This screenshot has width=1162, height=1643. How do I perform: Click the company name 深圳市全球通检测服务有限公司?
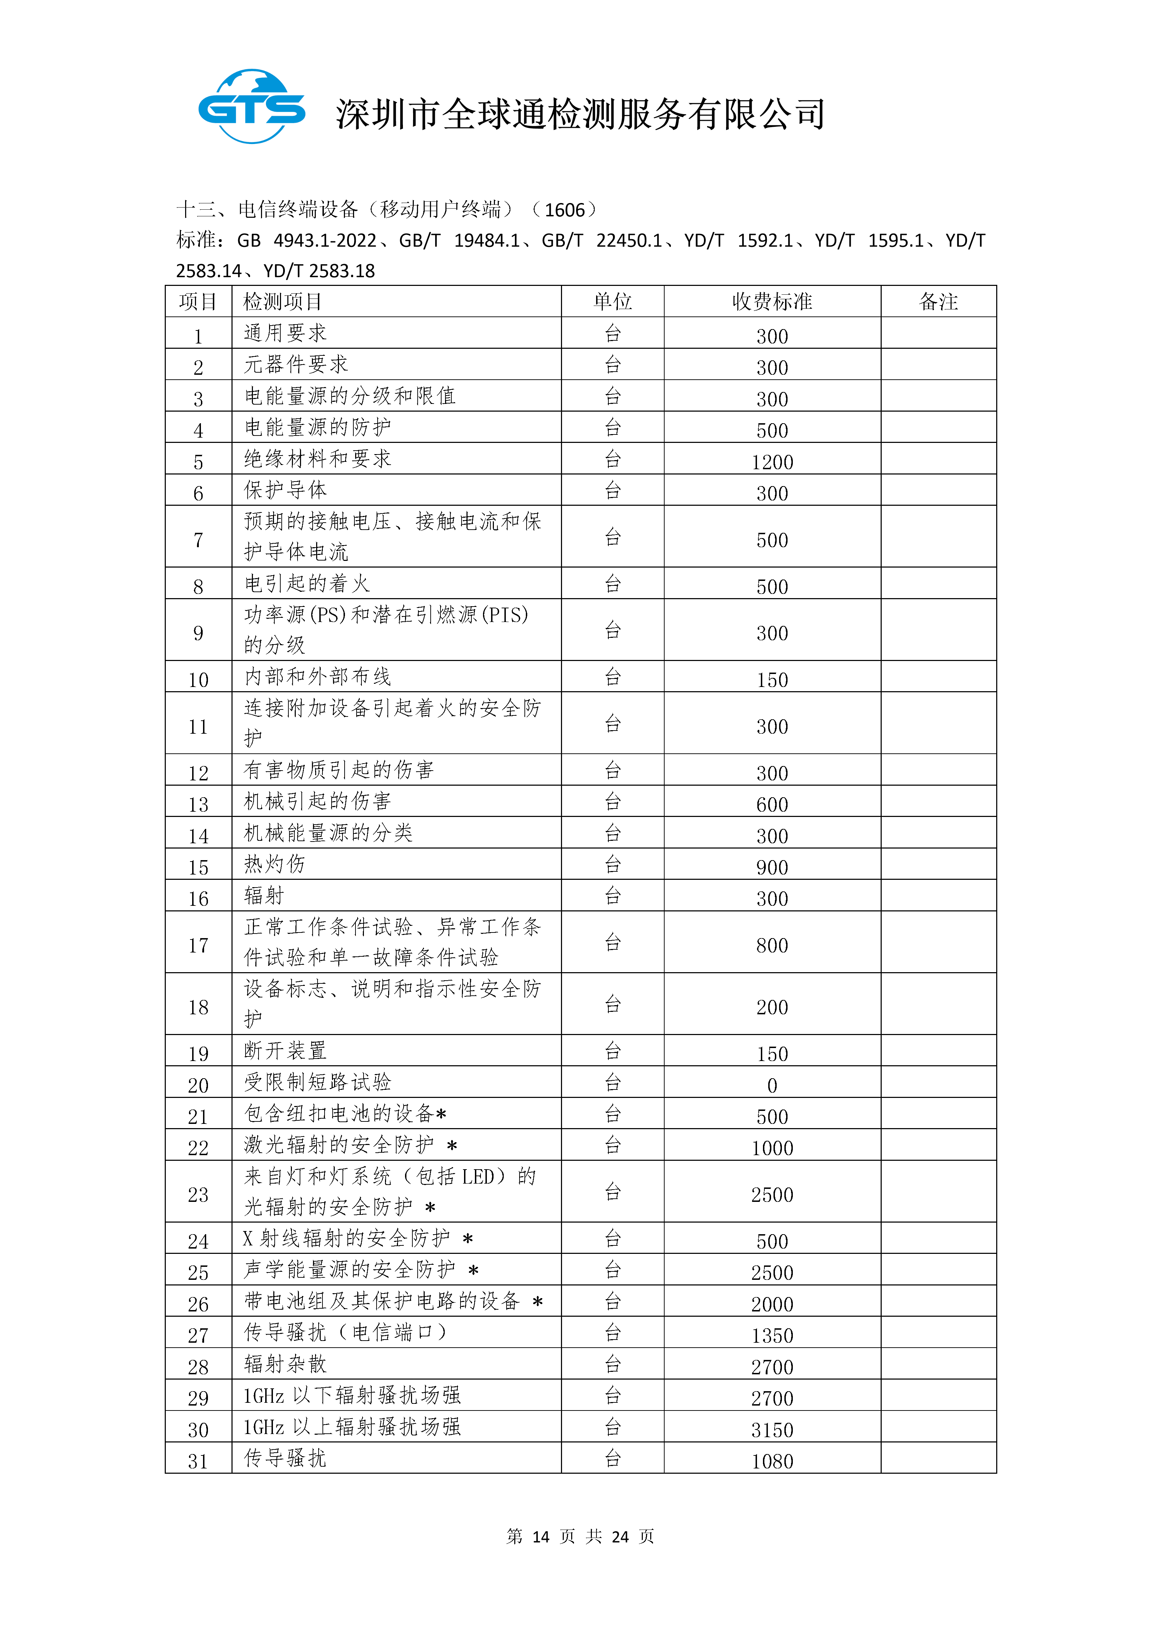(x=581, y=114)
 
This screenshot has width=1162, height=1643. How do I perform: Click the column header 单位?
(x=613, y=301)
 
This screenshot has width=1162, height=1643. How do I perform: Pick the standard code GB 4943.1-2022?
(x=307, y=241)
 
